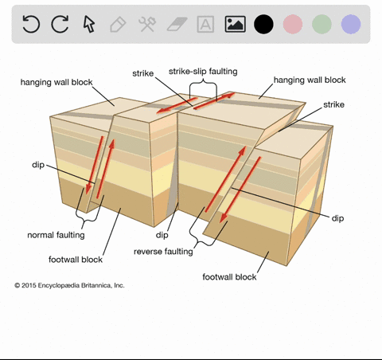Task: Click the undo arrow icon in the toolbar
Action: [31, 24]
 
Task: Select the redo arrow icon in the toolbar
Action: [60, 24]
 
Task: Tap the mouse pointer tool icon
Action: [89, 24]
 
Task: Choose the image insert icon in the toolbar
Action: [235, 24]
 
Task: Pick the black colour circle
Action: [263, 24]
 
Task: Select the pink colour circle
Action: [293, 24]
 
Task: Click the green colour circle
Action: [322, 24]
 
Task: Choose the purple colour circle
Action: [351, 24]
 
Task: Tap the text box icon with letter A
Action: [205, 24]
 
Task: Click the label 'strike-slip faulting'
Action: [203, 72]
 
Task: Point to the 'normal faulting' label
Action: [56, 235]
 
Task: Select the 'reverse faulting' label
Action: [163, 252]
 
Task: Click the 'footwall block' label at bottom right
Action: [229, 277]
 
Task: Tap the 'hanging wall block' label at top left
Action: [57, 82]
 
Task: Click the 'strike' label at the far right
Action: [333, 104]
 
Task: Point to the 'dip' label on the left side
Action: [38, 165]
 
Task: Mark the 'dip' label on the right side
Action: [337, 218]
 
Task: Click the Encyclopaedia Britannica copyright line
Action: [69, 285]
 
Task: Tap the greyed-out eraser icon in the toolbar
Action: [177, 24]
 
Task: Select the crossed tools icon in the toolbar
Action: [147, 24]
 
